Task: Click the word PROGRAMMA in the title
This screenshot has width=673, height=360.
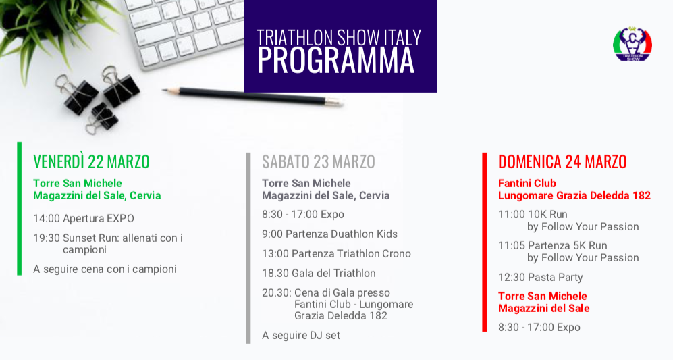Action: click(x=335, y=61)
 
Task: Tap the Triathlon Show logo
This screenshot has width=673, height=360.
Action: click(x=632, y=45)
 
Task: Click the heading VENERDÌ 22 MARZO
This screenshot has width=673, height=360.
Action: click(x=91, y=162)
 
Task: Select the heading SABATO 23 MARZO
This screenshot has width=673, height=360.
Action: click(x=319, y=162)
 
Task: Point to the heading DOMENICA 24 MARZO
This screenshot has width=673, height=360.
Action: click(x=562, y=162)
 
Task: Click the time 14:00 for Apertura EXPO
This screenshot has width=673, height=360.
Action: click(x=47, y=219)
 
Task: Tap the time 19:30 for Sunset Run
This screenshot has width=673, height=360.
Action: click(x=47, y=238)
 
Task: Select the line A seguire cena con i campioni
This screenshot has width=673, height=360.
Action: click(x=105, y=269)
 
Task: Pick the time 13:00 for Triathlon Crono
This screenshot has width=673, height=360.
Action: click(x=275, y=254)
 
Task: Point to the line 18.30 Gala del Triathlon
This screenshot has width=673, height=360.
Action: click(x=319, y=274)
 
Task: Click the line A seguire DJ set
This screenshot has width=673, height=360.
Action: click(x=301, y=336)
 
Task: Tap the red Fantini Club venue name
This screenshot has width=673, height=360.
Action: click(x=527, y=184)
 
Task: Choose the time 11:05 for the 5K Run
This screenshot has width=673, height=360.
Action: click(x=511, y=246)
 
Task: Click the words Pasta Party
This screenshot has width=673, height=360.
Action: click(x=555, y=278)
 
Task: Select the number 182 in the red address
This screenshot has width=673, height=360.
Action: click(x=641, y=195)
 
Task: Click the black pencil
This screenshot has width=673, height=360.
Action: click(x=252, y=96)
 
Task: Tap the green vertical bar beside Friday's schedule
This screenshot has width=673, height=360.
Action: click(x=19, y=208)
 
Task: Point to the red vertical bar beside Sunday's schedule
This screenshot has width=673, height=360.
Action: click(x=485, y=242)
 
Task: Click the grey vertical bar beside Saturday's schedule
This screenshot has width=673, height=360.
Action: click(x=248, y=249)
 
